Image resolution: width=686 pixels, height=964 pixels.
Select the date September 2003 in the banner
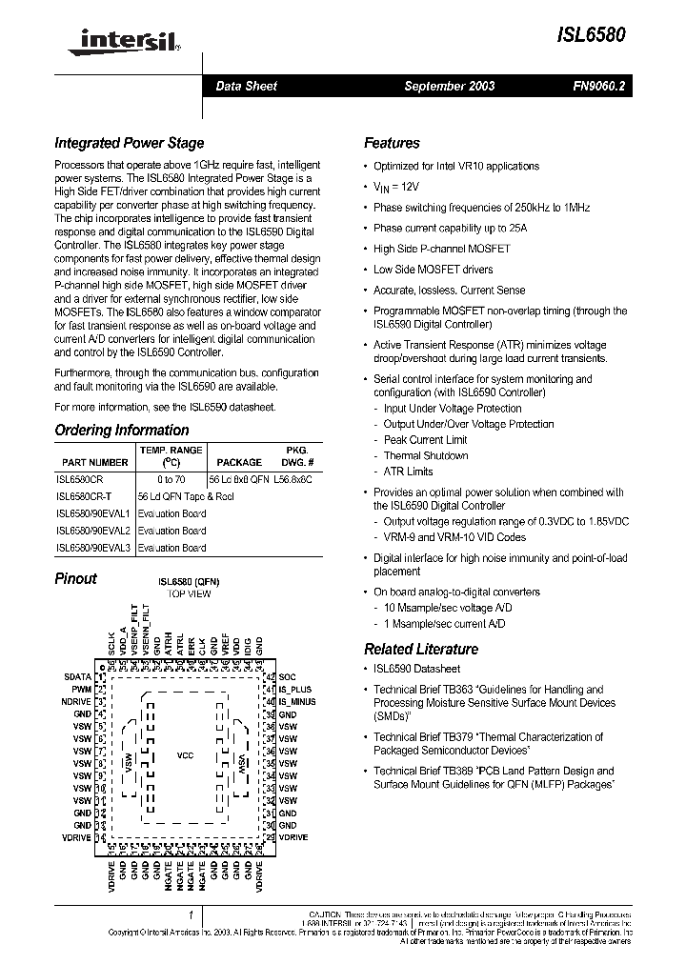(x=449, y=86)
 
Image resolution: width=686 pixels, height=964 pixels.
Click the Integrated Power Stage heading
(x=129, y=143)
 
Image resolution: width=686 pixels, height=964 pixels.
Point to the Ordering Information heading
(x=121, y=430)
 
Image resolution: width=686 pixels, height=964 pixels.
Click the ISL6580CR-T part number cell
(x=84, y=496)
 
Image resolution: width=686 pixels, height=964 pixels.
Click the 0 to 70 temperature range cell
(x=171, y=479)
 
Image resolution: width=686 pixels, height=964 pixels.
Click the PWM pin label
(x=82, y=689)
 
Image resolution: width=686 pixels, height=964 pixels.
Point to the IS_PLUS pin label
(x=295, y=689)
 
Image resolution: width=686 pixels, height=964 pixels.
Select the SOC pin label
(x=287, y=676)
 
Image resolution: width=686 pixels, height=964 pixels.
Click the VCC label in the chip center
(x=186, y=755)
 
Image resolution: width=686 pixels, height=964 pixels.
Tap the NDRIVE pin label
(x=75, y=701)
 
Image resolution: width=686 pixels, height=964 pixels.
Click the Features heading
(x=392, y=143)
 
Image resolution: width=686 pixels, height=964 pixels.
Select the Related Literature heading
(x=421, y=649)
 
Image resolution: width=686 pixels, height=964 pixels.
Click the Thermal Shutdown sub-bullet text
(x=426, y=455)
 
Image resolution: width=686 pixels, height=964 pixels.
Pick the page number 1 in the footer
(x=191, y=915)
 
